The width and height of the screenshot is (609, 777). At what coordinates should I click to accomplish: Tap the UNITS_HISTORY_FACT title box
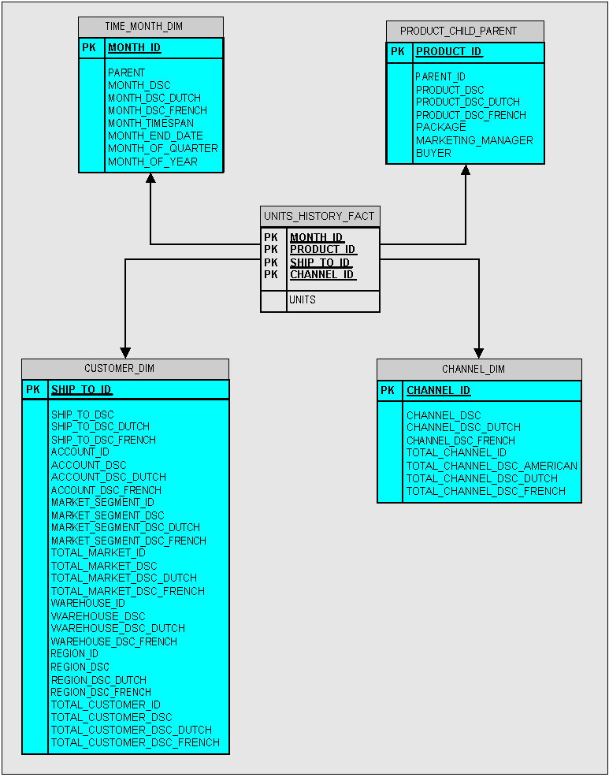[320, 216]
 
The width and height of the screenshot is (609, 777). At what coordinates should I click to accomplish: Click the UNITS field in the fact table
[303, 300]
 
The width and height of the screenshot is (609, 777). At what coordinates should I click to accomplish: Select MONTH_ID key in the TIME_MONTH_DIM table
[134, 48]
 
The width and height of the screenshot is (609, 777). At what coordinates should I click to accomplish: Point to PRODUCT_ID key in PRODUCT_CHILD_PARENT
[449, 52]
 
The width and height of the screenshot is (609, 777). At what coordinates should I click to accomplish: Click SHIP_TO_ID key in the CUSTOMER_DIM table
[81, 390]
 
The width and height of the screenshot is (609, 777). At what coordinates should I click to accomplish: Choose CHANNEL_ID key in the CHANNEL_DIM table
[438, 391]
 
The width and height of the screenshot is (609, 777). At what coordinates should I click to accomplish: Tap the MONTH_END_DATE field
[155, 136]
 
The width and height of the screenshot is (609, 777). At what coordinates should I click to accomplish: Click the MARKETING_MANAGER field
[474, 140]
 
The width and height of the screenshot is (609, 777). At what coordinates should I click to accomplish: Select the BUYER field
[433, 153]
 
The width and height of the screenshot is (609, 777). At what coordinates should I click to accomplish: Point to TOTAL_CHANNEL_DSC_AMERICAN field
[492, 466]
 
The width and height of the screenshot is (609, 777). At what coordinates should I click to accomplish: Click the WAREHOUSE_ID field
[87, 604]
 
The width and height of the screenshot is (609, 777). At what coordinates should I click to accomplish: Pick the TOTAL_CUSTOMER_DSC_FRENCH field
[135, 742]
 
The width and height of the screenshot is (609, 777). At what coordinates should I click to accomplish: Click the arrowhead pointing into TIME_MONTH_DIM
[150, 178]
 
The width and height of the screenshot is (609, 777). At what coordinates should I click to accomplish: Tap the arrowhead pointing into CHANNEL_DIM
[478, 352]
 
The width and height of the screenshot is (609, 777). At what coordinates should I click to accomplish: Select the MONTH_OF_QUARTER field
[162, 149]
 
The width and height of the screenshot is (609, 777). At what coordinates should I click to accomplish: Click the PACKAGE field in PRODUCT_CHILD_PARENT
[440, 127]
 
